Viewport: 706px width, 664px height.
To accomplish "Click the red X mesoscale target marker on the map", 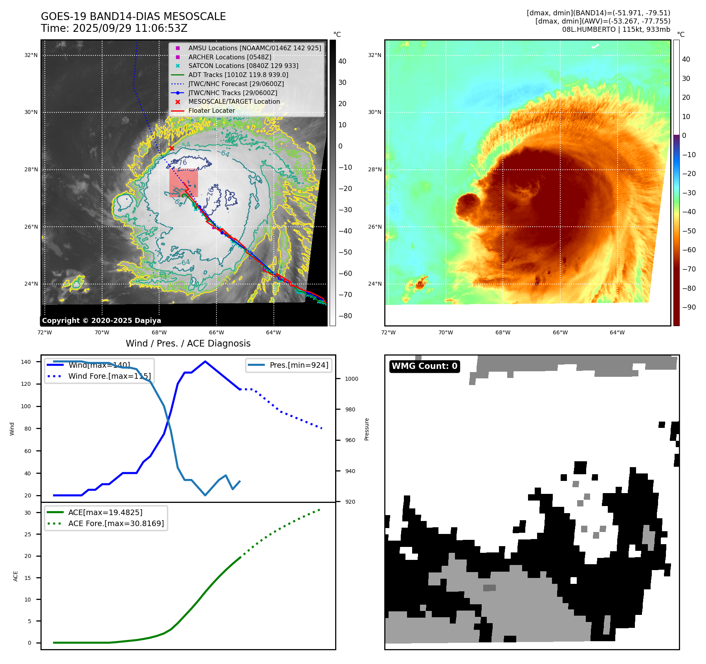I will click(x=172, y=148).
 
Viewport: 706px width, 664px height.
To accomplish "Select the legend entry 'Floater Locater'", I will click(x=211, y=111).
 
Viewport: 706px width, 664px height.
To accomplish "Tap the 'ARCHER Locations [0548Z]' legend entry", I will click(x=229, y=57).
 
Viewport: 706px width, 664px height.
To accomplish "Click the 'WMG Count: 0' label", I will click(x=424, y=366).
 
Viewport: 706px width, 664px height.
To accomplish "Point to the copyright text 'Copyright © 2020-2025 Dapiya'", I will click(x=101, y=321).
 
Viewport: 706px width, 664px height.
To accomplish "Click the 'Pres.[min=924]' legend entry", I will click(x=299, y=365).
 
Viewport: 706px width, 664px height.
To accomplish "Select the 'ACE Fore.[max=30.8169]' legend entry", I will click(x=116, y=523).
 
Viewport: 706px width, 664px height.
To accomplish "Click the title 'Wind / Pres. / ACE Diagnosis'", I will click(x=188, y=343).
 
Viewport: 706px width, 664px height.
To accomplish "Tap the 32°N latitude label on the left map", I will click(x=31, y=55).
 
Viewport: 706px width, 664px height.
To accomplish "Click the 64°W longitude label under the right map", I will click(x=617, y=332).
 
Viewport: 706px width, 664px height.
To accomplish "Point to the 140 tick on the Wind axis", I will click(x=26, y=362).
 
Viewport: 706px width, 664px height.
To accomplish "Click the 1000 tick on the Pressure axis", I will click(x=351, y=379).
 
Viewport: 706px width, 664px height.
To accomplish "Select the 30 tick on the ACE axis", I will click(x=28, y=513).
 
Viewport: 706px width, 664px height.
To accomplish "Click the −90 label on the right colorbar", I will click(x=689, y=307).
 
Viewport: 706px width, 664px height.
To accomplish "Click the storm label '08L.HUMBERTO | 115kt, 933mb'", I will click(x=616, y=29).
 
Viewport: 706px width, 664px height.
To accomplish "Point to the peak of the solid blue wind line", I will click(x=205, y=361).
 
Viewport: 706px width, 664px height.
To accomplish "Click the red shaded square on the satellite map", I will click(x=183, y=183).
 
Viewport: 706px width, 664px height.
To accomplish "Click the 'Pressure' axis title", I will click(x=367, y=429).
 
